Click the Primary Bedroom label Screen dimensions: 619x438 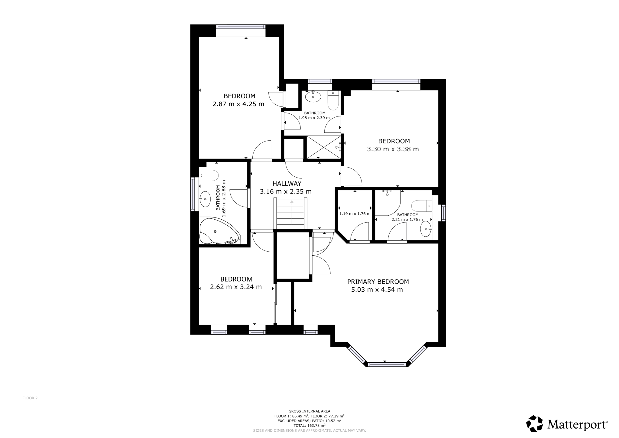pyautogui.click(x=378, y=282)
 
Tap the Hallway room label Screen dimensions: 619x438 pyautogui.click(x=287, y=184)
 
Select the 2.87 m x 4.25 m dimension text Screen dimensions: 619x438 pyautogui.click(x=238, y=104)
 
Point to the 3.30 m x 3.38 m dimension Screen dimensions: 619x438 pyautogui.click(x=393, y=149)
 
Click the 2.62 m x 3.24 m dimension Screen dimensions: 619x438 pyautogui.click(x=236, y=287)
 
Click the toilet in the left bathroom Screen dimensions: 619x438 pyautogui.click(x=209, y=175)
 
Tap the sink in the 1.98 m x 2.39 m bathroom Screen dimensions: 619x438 pyautogui.click(x=313, y=97)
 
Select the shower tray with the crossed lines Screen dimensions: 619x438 pyautogui.click(x=324, y=147)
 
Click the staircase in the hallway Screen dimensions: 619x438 pyautogui.click(x=290, y=213)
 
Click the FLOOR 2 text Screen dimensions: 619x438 pyautogui.click(x=30, y=398)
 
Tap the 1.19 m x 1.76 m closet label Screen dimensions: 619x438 pyautogui.click(x=355, y=214)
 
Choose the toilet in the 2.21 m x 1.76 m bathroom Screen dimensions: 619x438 pyautogui.click(x=422, y=206)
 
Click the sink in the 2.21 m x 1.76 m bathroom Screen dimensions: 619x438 pyautogui.click(x=426, y=229)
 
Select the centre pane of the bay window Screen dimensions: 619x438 pyautogui.click(x=387, y=364)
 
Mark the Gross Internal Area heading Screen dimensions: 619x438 pyautogui.click(x=309, y=411)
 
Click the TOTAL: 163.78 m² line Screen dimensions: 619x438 pyautogui.click(x=309, y=425)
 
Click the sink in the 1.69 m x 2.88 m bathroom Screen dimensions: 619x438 pyautogui.click(x=206, y=199)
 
